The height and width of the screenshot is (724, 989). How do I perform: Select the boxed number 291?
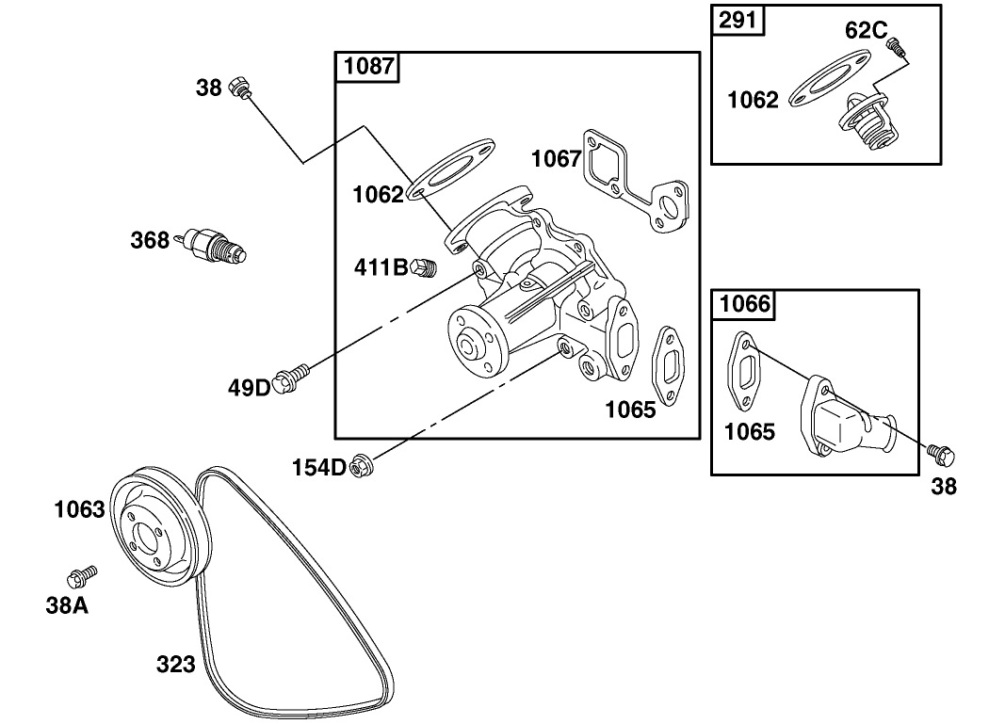click(741, 20)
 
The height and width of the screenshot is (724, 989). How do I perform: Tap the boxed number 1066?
click(745, 304)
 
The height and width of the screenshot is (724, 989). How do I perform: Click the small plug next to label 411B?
click(425, 267)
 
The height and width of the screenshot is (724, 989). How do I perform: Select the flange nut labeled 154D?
click(360, 465)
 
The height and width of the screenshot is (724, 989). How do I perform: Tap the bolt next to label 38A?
click(82, 575)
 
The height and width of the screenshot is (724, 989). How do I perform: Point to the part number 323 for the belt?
click(175, 665)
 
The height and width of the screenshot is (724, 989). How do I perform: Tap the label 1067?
click(556, 158)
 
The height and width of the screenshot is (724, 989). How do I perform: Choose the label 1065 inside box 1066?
click(749, 432)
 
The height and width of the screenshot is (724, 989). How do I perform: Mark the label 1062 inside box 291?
click(754, 100)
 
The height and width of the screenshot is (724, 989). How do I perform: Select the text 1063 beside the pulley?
click(79, 510)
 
